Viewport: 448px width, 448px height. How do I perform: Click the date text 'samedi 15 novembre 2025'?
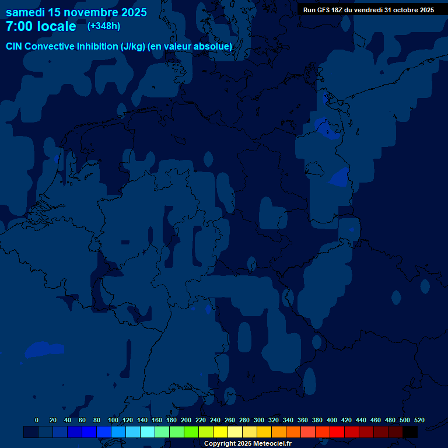pos(76,12)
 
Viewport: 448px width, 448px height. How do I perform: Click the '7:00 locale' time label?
pos(41,26)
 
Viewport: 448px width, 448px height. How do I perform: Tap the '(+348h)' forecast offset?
pos(104,26)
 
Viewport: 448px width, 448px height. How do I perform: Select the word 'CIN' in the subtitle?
pos(15,47)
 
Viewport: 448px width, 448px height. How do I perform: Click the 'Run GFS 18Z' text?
pos(323,10)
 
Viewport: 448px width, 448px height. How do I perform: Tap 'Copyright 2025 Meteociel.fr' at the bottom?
pos(247,443)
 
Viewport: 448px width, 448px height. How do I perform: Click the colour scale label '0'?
pos(37,420)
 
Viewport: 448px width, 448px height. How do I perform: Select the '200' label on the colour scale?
pos(185,420)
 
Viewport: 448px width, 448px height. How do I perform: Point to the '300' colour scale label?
pos(259,420)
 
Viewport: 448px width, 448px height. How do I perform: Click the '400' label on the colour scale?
pos(332,420)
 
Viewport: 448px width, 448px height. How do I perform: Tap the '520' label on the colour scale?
pos(419,420)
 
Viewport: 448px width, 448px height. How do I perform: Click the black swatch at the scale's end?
pos(410,432)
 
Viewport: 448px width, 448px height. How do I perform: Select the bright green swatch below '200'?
pos(191,432)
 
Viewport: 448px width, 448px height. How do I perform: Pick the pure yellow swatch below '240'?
pos(220,432)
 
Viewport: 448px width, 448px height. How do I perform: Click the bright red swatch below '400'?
pos(337,432)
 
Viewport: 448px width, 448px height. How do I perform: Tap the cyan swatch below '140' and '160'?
pos(148,432)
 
